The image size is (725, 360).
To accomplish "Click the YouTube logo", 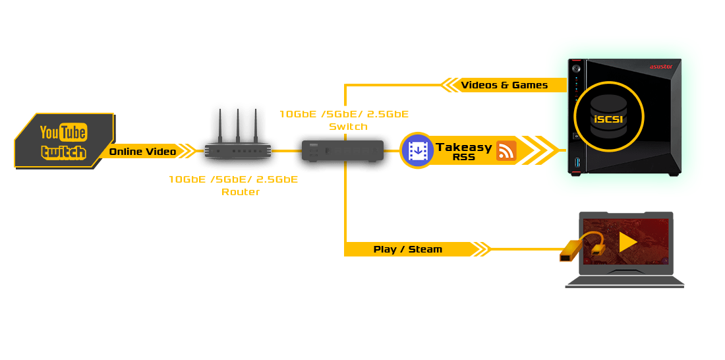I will (x=63, y=133).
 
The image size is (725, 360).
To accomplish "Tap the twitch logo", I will (x=63, y=152).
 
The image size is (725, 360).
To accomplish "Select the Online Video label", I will (x=142, y=152).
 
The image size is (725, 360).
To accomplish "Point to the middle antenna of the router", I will (x=237, y=125).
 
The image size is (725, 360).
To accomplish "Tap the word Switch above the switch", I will (x=348, y=127).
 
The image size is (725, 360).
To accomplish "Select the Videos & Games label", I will (x=504, y=85).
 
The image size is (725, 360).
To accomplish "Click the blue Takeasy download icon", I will (x=417, y=150).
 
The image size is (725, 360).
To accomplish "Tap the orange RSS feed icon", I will (x=506, y=151).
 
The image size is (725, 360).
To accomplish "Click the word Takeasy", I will (x=463, y=147).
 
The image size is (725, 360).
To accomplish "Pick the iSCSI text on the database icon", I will (x=608, y=119).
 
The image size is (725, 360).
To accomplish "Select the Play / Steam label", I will (x=407, y=249).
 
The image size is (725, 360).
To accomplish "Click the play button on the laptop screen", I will (x=628, y=242).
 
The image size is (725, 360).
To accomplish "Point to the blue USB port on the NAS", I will (x=578, y=163).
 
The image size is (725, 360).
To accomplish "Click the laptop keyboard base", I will (x=625, y=282).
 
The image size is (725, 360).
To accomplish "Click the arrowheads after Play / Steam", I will (x=482, y=249).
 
